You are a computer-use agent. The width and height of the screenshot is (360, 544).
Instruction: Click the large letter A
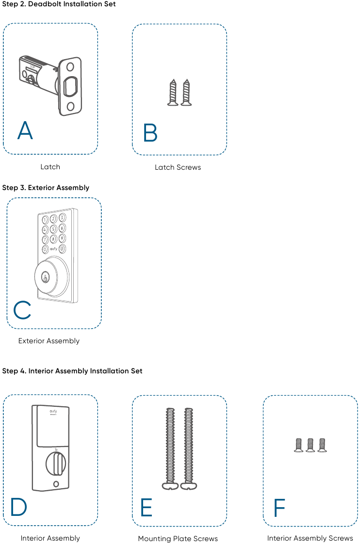pyautogui.click(x=25, y=130)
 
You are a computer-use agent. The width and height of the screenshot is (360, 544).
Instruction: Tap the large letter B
pyautogui.click(x=150, y=132)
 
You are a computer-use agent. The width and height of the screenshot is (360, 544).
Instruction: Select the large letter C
pyautogui.click(x=22, y=310)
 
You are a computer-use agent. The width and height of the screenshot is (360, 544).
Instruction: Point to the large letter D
pyautogui.click(x=19, y=507)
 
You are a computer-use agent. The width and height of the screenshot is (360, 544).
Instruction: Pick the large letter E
pyautogui.click(x=147, y=507)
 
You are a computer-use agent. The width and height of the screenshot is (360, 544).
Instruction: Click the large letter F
pyautogui.click(x=279, y=508)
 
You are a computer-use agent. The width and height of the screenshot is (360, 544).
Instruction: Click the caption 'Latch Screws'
pyautogui.click(x=178, y=167)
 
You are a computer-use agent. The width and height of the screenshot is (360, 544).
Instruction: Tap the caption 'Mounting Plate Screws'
pyautogui.click(x=178, y=539)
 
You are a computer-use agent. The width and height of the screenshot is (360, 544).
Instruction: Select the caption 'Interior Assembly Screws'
pyautogui.click(x=310, y=538)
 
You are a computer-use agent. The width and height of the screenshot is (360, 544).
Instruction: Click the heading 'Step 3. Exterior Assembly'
pyautogui.click(x=46, y=188)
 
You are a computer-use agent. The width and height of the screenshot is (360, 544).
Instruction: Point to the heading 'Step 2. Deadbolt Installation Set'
pyautogui.click(x=59, y=4)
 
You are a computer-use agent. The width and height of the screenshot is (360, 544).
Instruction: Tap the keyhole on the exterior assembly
pyautogui.click(x=45, y=277)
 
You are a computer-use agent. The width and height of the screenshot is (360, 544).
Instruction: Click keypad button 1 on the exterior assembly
pyautogui.click(x=45, y=220)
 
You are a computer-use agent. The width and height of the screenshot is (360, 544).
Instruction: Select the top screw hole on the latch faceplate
pyautogui.click(x=70, y=66)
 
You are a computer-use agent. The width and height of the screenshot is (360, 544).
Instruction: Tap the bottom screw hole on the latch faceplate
pyautogui.click(x=70, y=106)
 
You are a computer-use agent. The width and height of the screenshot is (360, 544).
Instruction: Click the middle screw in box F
pyautogui.click(x=311, y=445)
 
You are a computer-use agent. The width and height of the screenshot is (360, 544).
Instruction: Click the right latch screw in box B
pyautogui.click(x=186, y=92)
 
